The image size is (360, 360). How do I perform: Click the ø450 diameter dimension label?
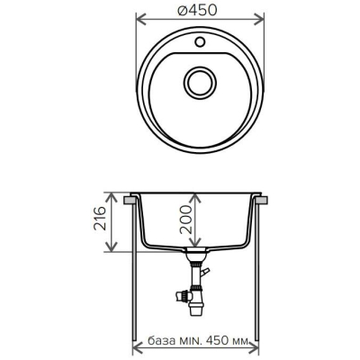pos(197,11)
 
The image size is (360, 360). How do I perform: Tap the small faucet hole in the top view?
pos(200,41)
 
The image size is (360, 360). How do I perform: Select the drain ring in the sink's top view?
pos(200,82)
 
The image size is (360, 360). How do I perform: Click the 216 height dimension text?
pos(100,218)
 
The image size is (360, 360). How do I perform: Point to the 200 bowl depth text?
pos(185,220)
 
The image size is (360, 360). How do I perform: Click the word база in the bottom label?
pos(161,341)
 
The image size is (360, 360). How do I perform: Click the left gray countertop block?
pos(130,201)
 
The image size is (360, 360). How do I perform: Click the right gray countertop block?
pos(261,201)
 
